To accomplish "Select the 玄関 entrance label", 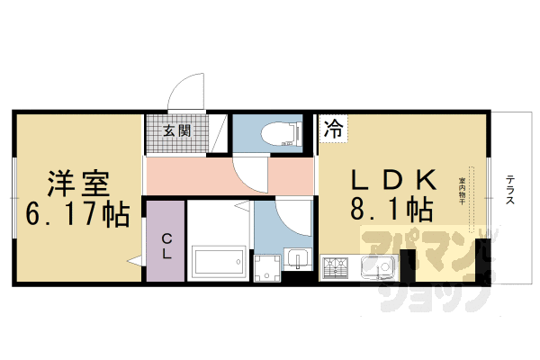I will pyautogui.click(x=175, y=130).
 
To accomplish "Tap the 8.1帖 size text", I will pyautogui.click(x=389, y=211).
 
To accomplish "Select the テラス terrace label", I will pyautogui.click(x=510, y=190).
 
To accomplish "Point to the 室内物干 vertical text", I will pyautogui.click(x=462, y=191).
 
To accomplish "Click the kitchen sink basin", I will pyautogui.click(x=378, y=267).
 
